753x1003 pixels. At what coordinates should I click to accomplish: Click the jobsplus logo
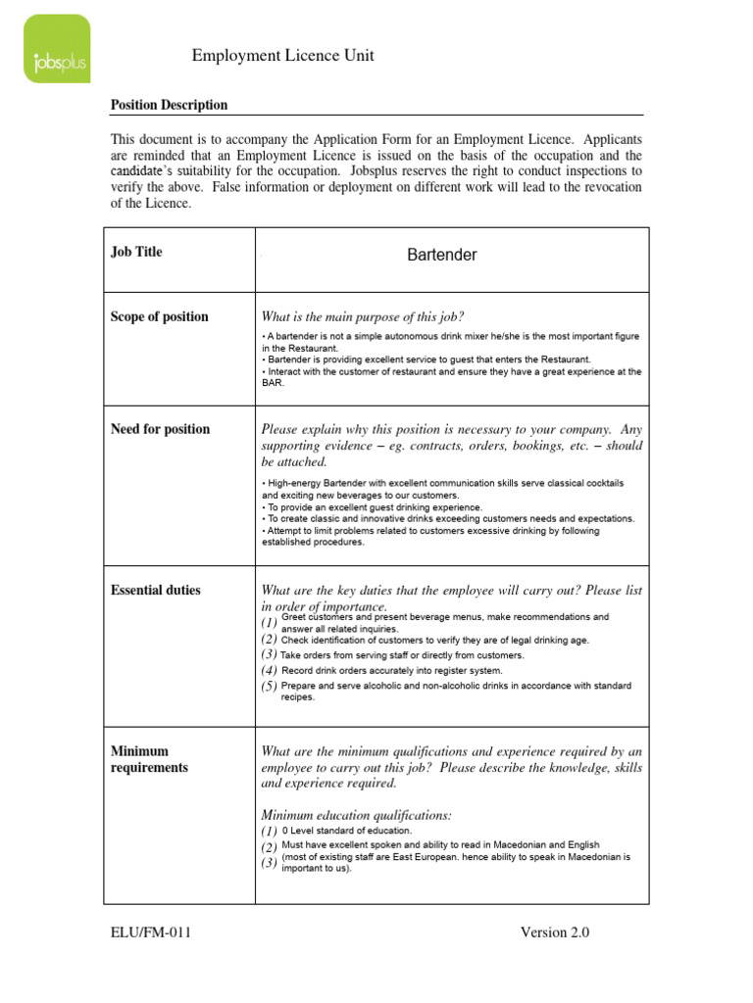(57, 49)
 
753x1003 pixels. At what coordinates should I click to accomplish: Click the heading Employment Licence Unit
(283, 57)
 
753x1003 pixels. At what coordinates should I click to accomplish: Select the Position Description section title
(169, 105)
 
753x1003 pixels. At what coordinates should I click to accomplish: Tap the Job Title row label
(136, 252)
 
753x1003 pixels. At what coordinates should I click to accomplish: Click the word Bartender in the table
(441, 255)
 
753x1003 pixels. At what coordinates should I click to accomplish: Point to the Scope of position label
(159, 316)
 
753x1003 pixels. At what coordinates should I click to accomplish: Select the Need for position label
(160, 429)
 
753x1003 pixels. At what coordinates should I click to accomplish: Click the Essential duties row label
(155, 590)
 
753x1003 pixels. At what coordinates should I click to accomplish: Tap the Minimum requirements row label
(149, 759)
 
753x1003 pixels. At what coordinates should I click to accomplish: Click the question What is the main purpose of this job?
(362, 316)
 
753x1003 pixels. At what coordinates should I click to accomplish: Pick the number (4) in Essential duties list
(269, 671)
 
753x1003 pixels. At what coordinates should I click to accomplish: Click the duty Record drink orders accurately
(391, 671)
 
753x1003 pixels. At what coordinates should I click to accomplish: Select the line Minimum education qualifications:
(356, 815)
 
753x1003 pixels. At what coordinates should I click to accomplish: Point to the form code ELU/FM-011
(150, 932)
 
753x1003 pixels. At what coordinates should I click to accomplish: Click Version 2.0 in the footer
(555, 932)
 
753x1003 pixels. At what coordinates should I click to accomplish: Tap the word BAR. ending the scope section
(273, 384)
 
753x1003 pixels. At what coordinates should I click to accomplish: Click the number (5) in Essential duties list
(269, 687)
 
